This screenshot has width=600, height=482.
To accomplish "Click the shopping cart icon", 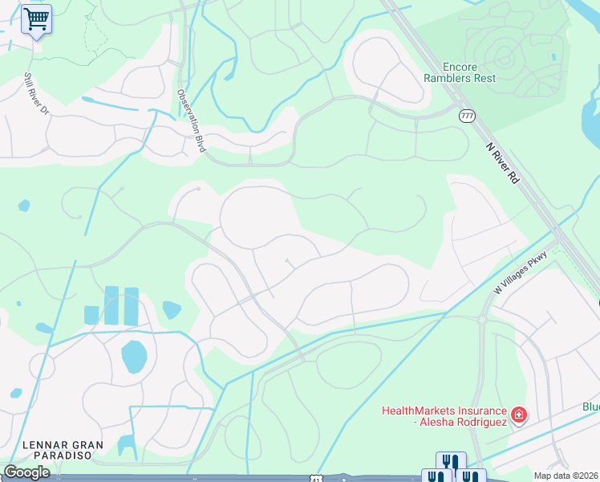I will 36,18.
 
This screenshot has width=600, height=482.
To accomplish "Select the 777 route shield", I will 467,116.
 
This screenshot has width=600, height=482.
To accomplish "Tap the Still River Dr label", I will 36,94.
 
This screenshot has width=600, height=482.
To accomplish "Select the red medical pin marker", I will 519,415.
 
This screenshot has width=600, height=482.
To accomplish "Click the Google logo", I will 26,472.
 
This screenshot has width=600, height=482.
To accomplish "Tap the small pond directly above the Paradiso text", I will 127,445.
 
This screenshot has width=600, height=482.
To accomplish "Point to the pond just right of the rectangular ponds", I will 172,309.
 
